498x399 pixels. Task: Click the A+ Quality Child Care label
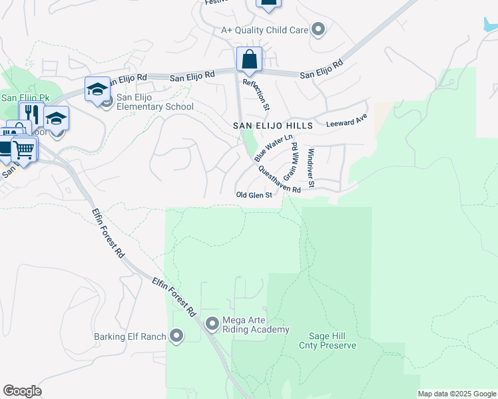point(264,30)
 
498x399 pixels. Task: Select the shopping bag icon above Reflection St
point(249,60)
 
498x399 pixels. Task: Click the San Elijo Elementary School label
point(154,102)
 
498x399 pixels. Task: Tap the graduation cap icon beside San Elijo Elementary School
point(97,89)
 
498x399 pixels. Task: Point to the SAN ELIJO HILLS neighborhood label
point(272,126)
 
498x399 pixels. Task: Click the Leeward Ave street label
point(346,123)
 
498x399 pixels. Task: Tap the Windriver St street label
point(310,163)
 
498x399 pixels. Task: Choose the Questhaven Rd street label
point(279,179)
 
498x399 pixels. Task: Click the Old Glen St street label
point(254,195)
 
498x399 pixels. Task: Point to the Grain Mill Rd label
point(290,165)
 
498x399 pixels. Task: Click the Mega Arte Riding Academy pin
point(212,324)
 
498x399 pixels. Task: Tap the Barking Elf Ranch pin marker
point(176,336)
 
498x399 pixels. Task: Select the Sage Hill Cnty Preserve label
point(332,340)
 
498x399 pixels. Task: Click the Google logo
point(22,391)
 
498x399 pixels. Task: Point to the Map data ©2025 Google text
point(457,394)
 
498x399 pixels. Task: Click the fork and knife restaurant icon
point(31,114)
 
